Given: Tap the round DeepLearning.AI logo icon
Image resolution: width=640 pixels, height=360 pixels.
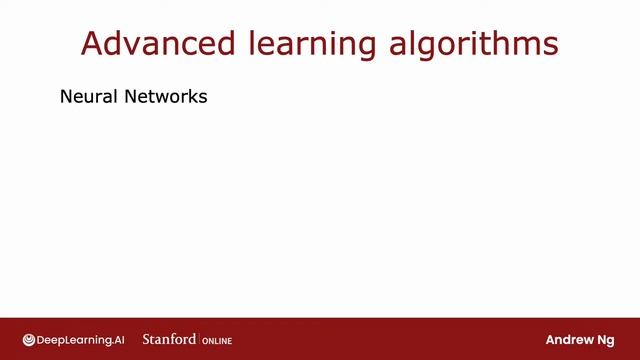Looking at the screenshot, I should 29,339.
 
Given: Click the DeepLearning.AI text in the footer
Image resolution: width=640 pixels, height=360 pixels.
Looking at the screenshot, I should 82,339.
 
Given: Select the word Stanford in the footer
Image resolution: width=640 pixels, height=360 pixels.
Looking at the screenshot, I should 169,339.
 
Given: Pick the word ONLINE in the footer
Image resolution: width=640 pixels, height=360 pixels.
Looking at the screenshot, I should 217,340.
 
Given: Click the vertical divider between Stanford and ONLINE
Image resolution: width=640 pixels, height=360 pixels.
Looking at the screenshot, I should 200,339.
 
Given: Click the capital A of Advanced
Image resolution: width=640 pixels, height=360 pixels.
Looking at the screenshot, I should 92,44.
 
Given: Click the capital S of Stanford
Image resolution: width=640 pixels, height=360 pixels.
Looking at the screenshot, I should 147,339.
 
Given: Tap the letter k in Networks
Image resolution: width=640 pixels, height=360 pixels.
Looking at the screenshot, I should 189,98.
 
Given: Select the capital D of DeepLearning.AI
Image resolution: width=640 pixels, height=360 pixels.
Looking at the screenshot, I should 43,339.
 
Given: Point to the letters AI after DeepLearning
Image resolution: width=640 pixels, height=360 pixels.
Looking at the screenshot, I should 120,339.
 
